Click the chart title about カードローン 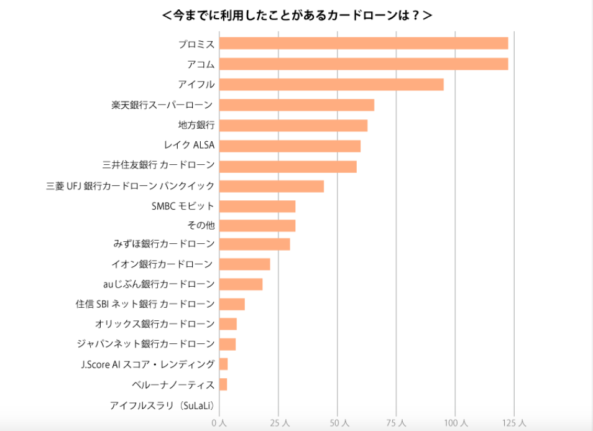tap(296, 16)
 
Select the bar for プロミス tap(364, 44)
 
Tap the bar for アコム tap(364, 64)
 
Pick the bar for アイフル tap(331, 85)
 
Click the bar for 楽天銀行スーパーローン tap(296, 105)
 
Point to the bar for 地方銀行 tap(293, 126)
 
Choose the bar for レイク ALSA tap(290, 146)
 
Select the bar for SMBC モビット tap(257, 206)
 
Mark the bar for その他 tap(257, 225)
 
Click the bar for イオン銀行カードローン tap(245, 264)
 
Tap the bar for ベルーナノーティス tap(223, 384)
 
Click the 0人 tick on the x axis tap(219, 423)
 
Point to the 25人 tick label tap(278, 423)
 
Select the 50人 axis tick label tap(338, 423)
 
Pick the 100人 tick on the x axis tap(455, 423)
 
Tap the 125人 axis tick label tap(514, 423)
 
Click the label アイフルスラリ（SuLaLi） tap(162, 406)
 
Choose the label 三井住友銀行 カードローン tap(159, 165)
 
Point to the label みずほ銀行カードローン tap(164, 244)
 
